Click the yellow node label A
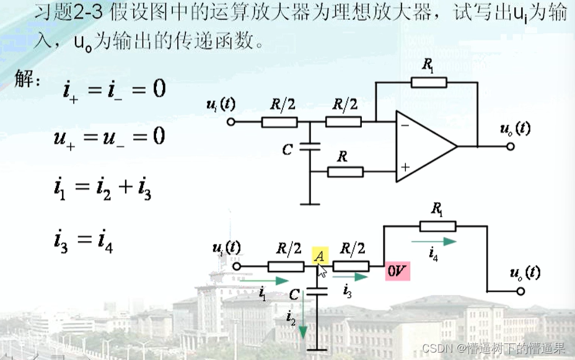[x=320, y=255]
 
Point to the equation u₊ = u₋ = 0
[x=109, y=136]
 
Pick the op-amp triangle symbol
[x=424, y=146]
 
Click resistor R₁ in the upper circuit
[x=428, y=82]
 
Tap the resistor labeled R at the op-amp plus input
[x=345, y=171]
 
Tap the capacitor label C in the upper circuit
[x=287, y=150]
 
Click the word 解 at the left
[x=27, y=82]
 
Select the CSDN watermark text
[x=493, y=348]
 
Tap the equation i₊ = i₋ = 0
[x=114, y=90]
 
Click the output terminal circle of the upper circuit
[x=511, y=147]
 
